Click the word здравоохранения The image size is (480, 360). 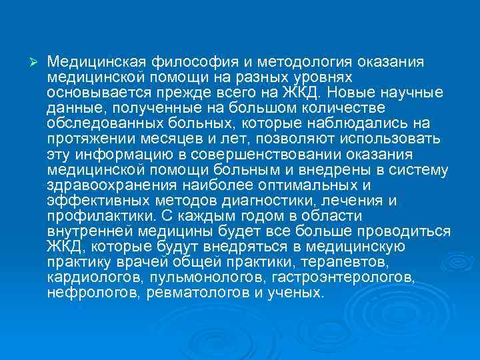(x=113, y=185)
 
